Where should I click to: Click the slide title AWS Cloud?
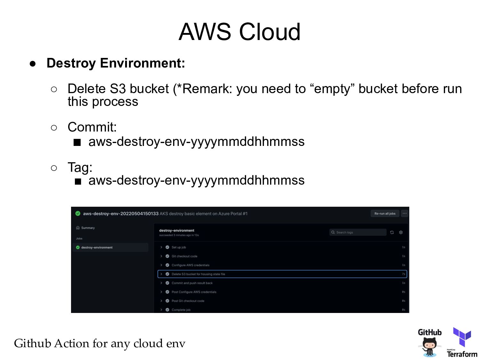[x=239, y=32]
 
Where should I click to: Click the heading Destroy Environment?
[x=116, y=63]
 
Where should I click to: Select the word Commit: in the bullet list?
[x=92, y=127]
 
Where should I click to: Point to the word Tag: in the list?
[x=80, y=167]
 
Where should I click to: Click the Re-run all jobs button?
[x=385, y=213]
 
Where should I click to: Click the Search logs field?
[x=358, y=232]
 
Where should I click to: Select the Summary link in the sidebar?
[x=88, y=228]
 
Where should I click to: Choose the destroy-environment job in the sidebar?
[x=97, y=247]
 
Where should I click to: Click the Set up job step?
[x=179, y=247]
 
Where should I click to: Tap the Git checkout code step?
[x=184, y=256]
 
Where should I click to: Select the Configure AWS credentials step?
[x=190, y=265]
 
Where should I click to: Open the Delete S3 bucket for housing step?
[x=198, y=274]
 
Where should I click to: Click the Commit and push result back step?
[x=192, y=283]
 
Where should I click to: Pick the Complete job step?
[x=181, y=310]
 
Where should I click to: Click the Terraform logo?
[x=462, y=342]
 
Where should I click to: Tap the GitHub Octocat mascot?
[x=429, y=347]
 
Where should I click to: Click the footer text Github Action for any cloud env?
[x=100, y=343]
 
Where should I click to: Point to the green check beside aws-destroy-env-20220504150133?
[x=78, y=213]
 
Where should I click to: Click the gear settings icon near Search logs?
[x=401, y=232]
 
